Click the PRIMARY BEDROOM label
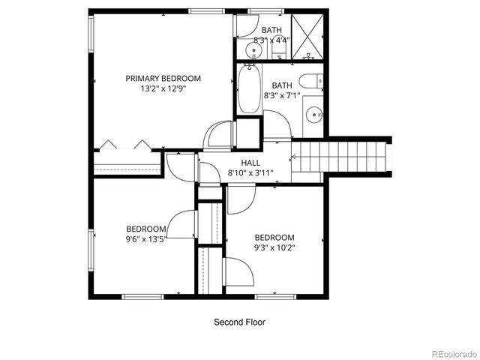point(163,78)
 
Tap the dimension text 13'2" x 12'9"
point(163,88)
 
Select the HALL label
point(250,163)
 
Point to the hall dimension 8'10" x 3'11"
point(250,172)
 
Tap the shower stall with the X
point(307,37)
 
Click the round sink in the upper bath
point(254,51)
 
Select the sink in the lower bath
point(314,115)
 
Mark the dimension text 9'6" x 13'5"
point(146,238)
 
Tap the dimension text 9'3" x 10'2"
point(274,247)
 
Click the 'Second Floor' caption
point(239,322)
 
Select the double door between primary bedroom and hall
point(222,136)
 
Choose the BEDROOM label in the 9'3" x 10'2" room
point(274,238)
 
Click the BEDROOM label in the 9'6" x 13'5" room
point(145,229)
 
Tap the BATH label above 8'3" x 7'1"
point(282,85)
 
